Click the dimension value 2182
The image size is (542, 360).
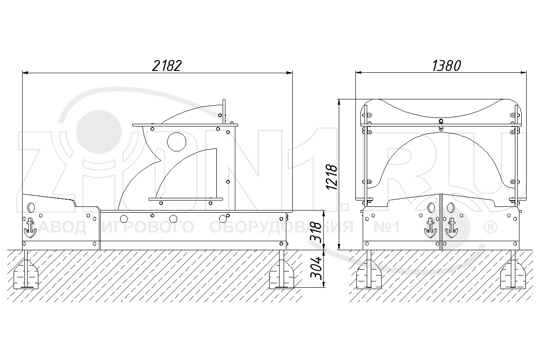pos(167,65)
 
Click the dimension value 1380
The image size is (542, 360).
pos(446,66)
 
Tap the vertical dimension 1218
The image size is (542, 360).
pos(332,177)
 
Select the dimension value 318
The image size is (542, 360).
pos(316,233)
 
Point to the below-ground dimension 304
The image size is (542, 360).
pos(316,268)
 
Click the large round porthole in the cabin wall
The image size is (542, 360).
pos(177,142)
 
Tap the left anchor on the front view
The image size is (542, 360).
pos(430,228)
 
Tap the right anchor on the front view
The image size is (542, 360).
pos(451,228)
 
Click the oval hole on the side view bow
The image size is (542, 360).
pos(31,207)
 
